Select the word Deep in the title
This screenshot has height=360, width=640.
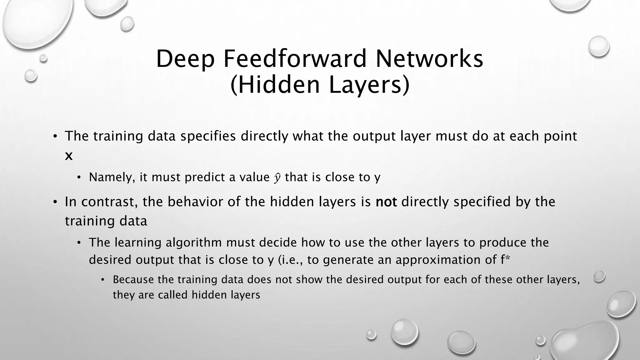(x=185, y=59)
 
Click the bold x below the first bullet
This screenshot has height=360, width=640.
(x=69, y=156)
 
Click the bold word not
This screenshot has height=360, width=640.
(x=386, y=202)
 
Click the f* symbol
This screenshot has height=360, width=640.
(x=505, y=260)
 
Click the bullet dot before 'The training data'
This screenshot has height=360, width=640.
(x=55, y=137)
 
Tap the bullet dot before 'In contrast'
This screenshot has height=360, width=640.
(x=55, y=202)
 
